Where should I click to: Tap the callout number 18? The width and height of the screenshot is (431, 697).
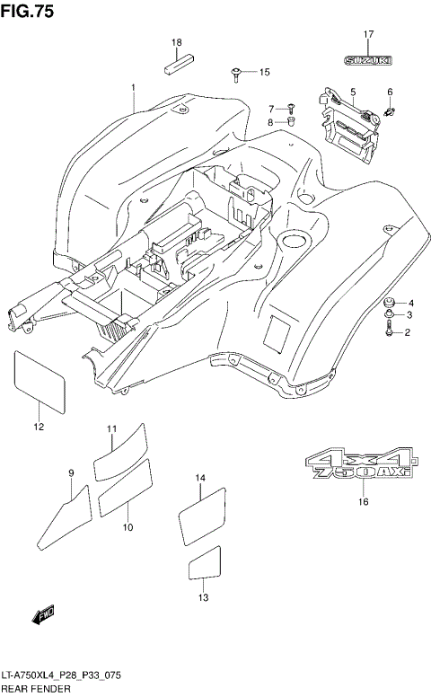pyautogui.click(x=177, y=42)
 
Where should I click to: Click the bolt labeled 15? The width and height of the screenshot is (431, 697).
pyautogui.click(x=235, y=71)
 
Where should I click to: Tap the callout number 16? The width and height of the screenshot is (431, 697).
pyautogui.click(x=364, y=501)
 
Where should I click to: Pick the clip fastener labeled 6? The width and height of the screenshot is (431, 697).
pyautogui.click(x=391, y=110)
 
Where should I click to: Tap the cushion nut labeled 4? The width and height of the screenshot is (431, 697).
pyautogui.click(x=389, y=303)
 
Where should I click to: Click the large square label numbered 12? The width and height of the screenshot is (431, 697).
pyautogui.click(x=40, y=380)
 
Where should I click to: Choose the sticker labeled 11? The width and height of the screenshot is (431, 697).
pyautogui.click(x=119, y=447)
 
